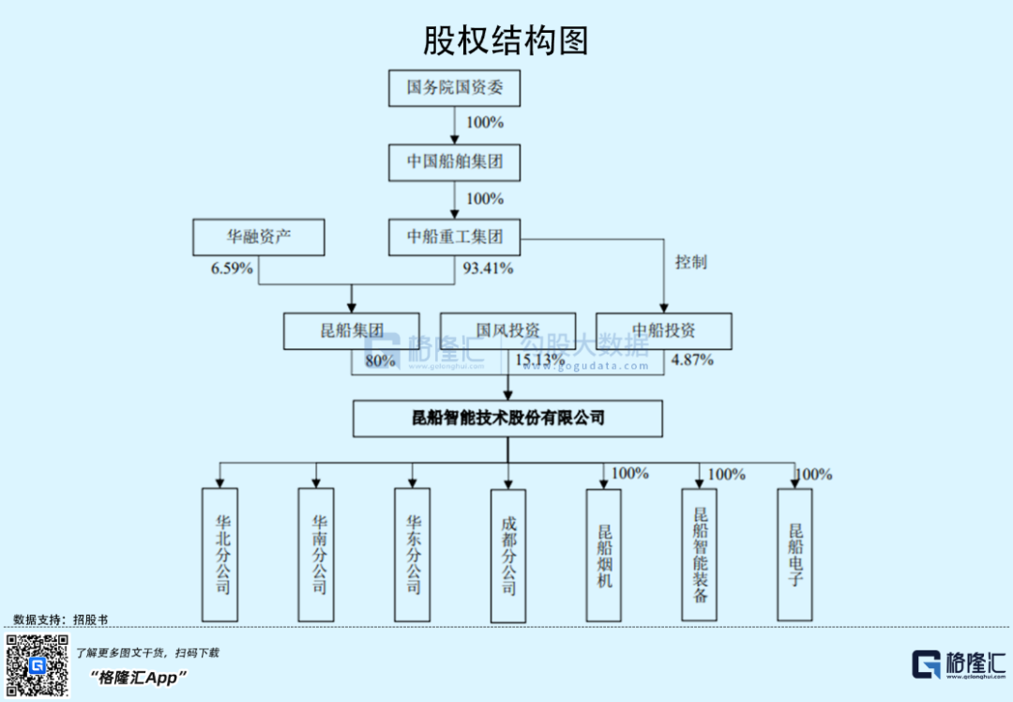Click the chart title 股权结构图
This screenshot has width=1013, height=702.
pos(506,40)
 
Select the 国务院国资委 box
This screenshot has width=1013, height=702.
pos(454,87)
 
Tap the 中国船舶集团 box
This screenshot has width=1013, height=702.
pos(454,161)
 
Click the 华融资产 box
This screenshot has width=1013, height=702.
pos(258,237)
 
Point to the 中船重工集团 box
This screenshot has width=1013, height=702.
pos(454,237)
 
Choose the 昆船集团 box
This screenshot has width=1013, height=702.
pos(352,330)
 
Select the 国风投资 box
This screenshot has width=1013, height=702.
pos(507,330)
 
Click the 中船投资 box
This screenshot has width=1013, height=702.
pos(663,330)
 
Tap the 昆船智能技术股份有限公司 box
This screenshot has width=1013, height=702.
pos(507,419)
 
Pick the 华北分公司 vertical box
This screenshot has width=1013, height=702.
pos(220,554)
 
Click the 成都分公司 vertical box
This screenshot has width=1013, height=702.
pos(507,554)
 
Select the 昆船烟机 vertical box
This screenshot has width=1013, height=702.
pos(604,554)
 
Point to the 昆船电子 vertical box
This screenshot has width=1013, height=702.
pos(795,554)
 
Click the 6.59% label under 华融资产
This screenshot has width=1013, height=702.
pos(232,268)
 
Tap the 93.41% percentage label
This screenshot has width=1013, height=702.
pos(488,268)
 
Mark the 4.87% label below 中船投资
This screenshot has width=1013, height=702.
pos(692,359)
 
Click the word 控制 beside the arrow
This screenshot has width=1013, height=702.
pos(691,262)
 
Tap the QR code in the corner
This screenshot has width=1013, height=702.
pos(38,665)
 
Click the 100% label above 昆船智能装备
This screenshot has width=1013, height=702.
pos(726,474)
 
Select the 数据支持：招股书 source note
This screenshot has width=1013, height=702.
pos(61,619)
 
